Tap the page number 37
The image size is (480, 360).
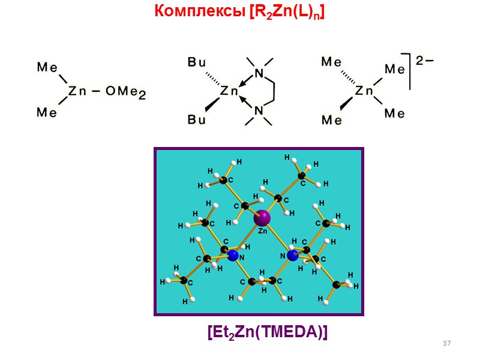pos(446,343)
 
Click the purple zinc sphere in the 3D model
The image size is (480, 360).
pos(262,217)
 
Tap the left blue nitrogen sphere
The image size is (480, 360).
pos(233,256)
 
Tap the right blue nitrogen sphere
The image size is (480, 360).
pos(292,256)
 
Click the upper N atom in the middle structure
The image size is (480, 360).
pos(259,73)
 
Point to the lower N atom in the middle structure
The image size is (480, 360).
pos(259,110)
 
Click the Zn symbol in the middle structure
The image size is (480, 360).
pos(229,92)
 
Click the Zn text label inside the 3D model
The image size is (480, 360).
pos(263,230)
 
